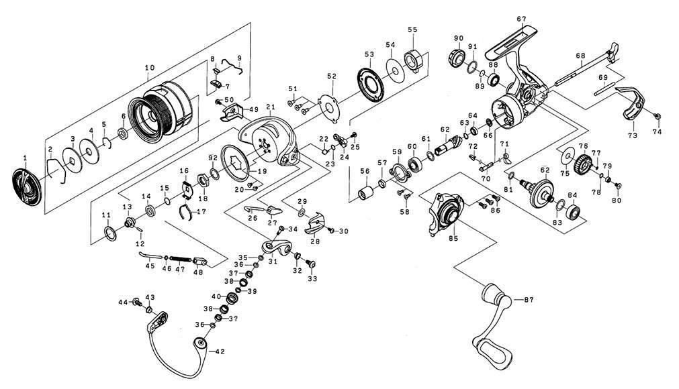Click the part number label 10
pyautogui.click(x=149, y=68)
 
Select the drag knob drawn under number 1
pyautogui.click(x=26, y=187)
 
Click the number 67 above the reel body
pyautogui.click(x=521, y=19)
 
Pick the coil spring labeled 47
pyautogui.click(x=180, y=259)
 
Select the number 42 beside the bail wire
pyautogui.click(x=220, y=352)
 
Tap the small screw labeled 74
pyautogui.click(x=658, y=116)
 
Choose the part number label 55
pyautogui.click(x=412, y=30)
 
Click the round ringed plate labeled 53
pyautogui.click(x=371, y=84)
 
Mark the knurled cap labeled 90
pyautogui.click(x=456, y=58)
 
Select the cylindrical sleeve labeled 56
pyautogui.click(x=365, y=192)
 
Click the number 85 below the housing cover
pyautogui.click(x=453, y=239)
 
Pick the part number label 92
pyautogui.click(x=213, y=158)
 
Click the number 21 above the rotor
pyautogui.click(x=271, y=107)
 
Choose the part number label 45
pyautogui.click(x=150, y=266)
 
